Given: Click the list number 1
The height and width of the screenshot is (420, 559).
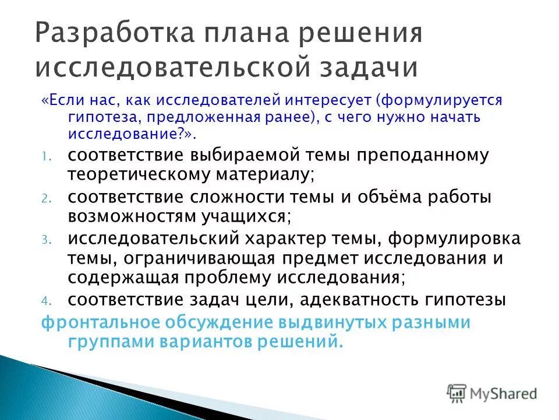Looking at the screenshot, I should [47, 157].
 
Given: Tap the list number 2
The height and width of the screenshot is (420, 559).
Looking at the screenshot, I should [47, 199].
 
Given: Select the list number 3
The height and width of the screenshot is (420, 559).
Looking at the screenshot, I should [47, 241].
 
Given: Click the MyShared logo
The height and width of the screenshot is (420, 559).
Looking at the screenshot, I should [493, 393].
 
